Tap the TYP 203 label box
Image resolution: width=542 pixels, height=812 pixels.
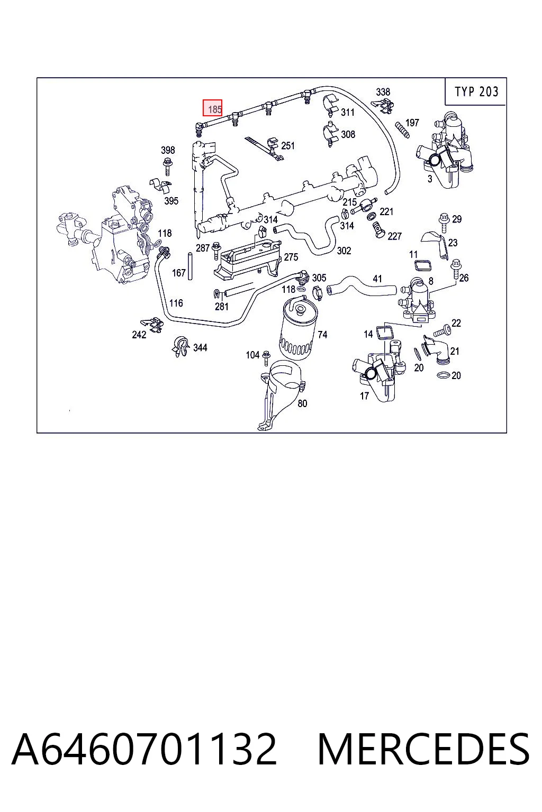pyautogui.click(x=476, y=91)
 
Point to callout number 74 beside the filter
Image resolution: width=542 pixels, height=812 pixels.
pyautogui.click(x=322, y=335)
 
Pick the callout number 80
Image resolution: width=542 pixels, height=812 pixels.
pyautogui.click(x=302, y=403)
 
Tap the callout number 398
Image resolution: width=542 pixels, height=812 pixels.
pyautogui.click(x=168, y=150)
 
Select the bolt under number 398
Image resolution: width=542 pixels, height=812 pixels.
pyautogui.click(x=168, y=166)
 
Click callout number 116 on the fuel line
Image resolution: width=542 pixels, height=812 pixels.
pyautogui.click(x=176, y=303)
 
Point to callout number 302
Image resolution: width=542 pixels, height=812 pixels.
pyautogui.click(x=344, y=251)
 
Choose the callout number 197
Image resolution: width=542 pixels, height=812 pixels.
pyautogui.click(x=412, y=123)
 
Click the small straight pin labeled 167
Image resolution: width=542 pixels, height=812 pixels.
pyautogui.click(x=189, y=266)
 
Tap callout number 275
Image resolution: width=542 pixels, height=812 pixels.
pyautogui.click(x=291, y=257)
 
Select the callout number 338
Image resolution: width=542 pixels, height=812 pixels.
pyautogui.click(x=383, y=92)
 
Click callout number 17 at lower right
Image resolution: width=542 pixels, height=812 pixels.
pyautogui.click(x=364, y=396)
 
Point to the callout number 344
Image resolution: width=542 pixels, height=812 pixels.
pyautogui.click(x=200, y=348)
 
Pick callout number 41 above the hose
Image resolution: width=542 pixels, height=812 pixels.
pyautogui.click(x=377, y=279)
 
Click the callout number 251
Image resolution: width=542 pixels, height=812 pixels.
pyautogui.click(x=288, y=146)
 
